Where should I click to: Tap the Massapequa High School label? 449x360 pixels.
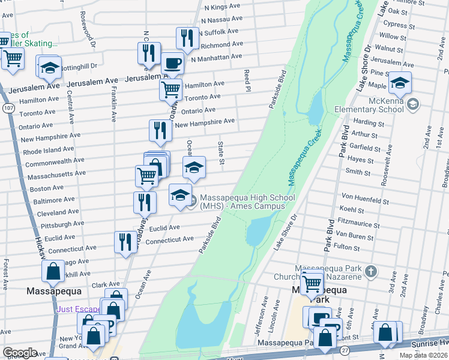pos(247,202)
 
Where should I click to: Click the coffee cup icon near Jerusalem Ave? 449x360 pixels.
pos(172,63)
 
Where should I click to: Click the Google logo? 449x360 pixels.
pos(20,353)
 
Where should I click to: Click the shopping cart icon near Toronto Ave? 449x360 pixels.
pos(170,90)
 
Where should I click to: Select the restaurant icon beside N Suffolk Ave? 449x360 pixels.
pos(187,38)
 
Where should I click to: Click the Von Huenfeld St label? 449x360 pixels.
pos(365,196)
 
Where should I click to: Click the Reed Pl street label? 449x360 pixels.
pos(247,80)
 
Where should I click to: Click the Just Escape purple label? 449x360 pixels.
pos(80,310)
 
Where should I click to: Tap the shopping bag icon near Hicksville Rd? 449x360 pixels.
pos(53,271)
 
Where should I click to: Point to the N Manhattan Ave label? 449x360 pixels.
pos(216,57)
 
